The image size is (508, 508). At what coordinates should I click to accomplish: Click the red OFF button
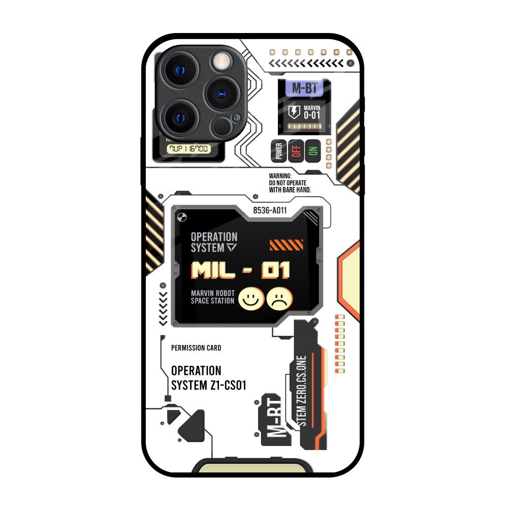click(296, 151)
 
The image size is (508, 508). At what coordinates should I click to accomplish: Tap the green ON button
click(313, 151)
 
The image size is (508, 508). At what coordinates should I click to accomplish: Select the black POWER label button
click(278, 151)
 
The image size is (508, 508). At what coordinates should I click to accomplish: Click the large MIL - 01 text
click(240, 271)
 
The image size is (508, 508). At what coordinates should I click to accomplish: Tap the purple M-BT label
click(304, 88)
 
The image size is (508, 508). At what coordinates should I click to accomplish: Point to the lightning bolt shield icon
click(294, 112)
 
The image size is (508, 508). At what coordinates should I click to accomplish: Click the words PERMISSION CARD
click(196, 348)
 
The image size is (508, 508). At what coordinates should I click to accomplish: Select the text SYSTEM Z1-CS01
click(208, 386)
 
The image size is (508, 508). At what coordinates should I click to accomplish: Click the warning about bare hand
click(290, 183)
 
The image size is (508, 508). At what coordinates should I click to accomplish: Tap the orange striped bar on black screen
click(286, 245)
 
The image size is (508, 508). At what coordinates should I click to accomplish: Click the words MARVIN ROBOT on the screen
click(212, 293)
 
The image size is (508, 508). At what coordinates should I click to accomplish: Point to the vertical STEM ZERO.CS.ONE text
click(303, 391)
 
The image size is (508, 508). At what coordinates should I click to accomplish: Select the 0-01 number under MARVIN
click(312, 115)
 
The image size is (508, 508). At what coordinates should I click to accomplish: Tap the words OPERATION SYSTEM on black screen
click(214, 242)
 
